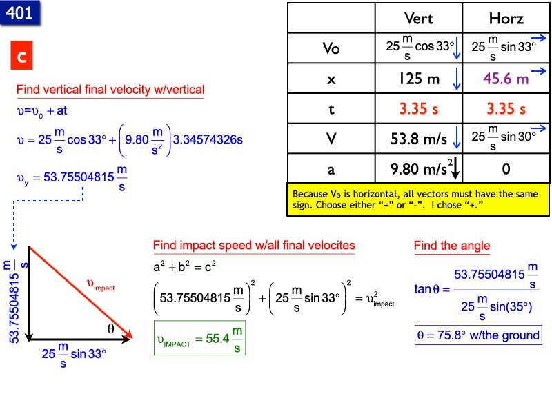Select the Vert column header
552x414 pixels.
tap(419, 18)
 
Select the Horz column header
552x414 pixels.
tap(506, 18)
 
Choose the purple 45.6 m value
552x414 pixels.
tap(506, 79)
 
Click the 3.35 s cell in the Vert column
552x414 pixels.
tap(419, 109)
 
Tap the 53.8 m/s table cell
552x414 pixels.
tap(419, 139)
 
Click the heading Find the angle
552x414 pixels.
tap(452, 245)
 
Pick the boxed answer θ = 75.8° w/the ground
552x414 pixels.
tap(478, 335)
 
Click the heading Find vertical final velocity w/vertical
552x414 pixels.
tap(110, 90)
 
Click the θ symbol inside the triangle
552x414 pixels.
tap(110, 329)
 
